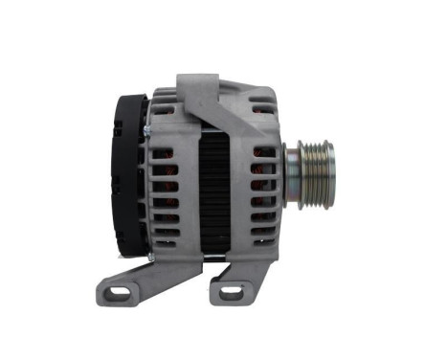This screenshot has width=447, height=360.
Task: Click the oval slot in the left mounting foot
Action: [118, 291]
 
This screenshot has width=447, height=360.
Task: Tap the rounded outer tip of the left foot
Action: [102, 292]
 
